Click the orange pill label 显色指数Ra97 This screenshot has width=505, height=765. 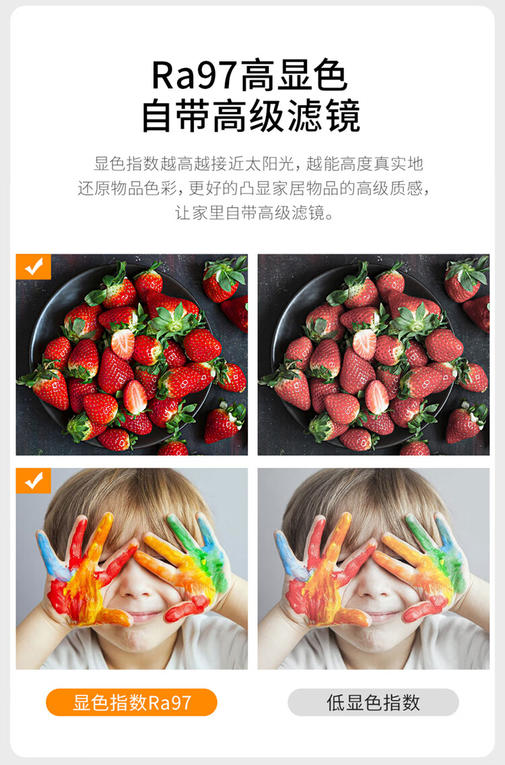point(131,702)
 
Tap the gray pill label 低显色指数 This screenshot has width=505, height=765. point(374,702)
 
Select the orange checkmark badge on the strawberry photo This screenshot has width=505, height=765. point(34,267)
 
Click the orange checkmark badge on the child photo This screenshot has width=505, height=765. point(34,481)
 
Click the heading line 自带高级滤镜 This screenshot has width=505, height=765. point(252,116)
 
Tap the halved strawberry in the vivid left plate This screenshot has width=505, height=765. point(123,344)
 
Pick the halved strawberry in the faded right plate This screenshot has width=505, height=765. point(364,344)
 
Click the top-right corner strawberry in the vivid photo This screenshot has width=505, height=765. point(224,278)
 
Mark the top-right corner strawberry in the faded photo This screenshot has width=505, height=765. point(466,278)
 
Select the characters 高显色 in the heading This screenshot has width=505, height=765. point(294,75)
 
